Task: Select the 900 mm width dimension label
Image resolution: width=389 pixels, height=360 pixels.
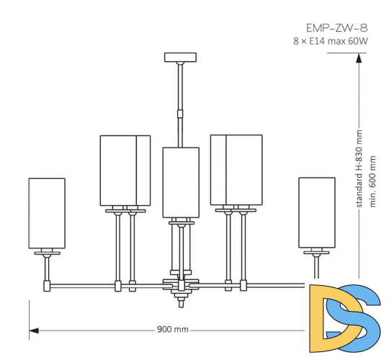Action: [172, 330]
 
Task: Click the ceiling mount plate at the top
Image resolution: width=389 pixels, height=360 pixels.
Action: [180, 57]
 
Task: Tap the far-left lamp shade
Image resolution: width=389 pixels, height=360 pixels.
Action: [47, 213]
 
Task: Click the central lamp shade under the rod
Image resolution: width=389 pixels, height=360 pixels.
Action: [180, 181]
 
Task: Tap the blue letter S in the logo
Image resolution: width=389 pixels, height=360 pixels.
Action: [360, 317]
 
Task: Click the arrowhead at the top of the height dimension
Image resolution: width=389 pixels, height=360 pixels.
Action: [358, 62]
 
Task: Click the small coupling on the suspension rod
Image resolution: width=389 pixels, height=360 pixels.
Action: [180, 112]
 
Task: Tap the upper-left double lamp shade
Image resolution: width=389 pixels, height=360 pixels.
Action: [125, 170]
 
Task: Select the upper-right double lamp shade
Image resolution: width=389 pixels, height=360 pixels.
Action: [236, 170]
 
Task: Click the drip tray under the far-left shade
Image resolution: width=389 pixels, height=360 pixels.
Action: [47, 253]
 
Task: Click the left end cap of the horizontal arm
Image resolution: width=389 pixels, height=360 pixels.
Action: [47, 287]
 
